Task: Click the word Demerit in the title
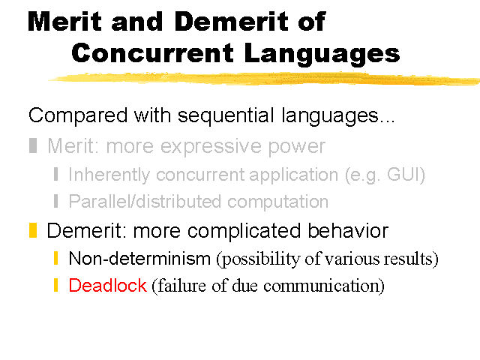(231, 22)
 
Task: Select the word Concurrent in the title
(152, 52)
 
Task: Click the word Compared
(78, 116)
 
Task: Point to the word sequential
(226, 115)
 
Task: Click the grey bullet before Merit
(33, 145)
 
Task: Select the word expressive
(211, 147)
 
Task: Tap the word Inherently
(109, 175)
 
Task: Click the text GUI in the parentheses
(404, 174)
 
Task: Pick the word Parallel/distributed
(145, 201)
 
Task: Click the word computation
(277, 202)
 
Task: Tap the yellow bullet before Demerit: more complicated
(33, 230)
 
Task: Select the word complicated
(244, 231)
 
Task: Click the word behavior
(348, 230)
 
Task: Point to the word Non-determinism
(139, 258)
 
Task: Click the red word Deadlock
(108, 285)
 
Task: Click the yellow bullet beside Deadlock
(55, 285)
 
